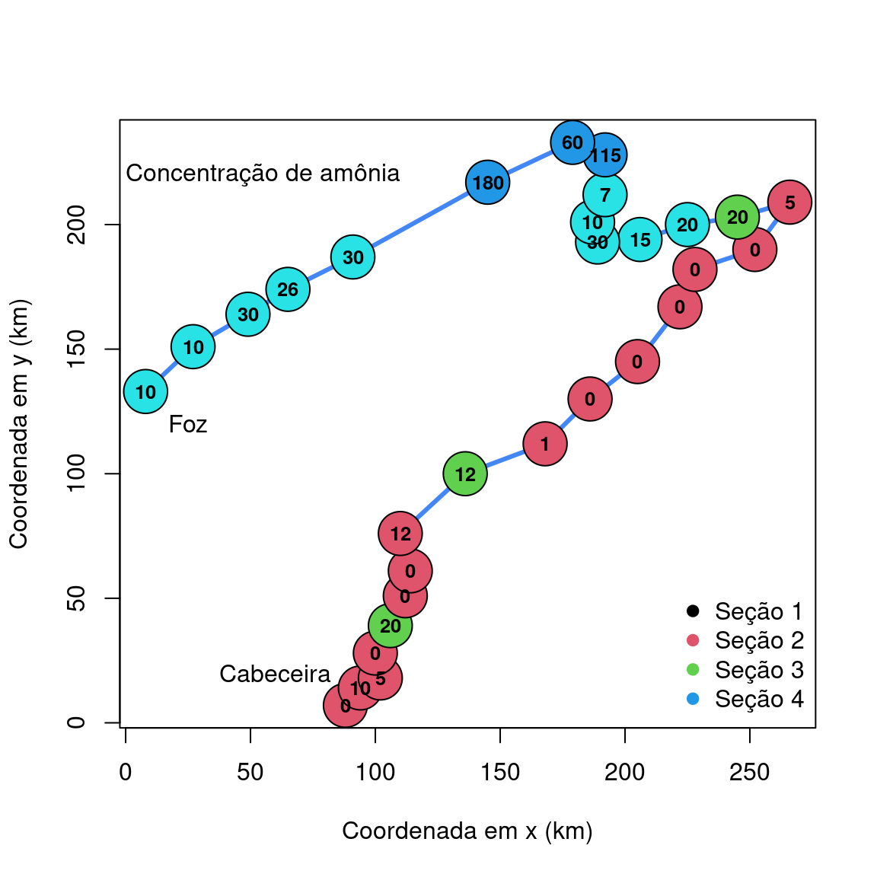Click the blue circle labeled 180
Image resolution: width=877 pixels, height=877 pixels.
[487, 183]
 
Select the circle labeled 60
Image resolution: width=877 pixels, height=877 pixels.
[572, 142]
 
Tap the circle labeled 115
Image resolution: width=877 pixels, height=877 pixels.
[605, 155]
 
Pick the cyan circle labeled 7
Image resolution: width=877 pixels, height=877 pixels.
[604, 195]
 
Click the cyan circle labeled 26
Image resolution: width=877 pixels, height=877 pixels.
[288, 289]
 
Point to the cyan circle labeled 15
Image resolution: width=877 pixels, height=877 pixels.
[640, 240]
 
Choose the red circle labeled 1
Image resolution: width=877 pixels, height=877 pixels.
[545, 444]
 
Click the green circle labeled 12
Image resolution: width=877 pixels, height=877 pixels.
[465, 474]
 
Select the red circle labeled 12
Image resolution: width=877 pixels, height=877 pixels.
[400, 534]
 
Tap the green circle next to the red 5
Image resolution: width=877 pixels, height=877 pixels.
[737, 217]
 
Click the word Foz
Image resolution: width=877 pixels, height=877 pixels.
[188, 424]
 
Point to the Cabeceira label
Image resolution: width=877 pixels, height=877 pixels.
[275, 674]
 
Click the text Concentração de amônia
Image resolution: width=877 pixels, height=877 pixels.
[263, 174]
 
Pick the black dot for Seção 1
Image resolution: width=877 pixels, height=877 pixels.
[693, 611]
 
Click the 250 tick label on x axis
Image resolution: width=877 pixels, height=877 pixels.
[750, 773]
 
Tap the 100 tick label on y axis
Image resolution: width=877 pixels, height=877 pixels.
[76, 474]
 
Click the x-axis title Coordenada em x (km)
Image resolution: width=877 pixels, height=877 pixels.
[467, 831]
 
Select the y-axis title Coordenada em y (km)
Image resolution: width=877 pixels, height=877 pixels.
[19, 423]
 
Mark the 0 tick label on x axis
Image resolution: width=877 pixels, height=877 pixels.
[126, 773]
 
